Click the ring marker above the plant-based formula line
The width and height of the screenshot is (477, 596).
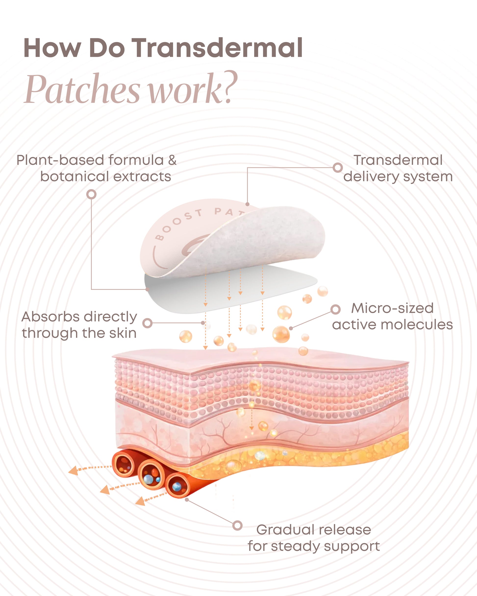[91, 194]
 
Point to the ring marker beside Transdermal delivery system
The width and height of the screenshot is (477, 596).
[338, 168]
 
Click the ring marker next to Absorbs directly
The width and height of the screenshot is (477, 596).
[148, 323]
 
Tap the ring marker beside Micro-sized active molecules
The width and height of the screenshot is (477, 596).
[335, 309]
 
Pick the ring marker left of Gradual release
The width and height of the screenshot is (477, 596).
[237, 525]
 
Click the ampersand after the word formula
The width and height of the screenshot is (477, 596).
[172, 160]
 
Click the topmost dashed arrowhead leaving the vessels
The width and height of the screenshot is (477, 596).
[73, 470]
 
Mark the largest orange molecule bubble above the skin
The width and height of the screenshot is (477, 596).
[281, 334]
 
